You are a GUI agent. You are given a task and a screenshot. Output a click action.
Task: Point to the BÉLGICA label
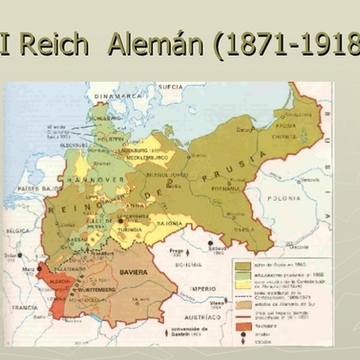pyautogui.click(x=18, y=230)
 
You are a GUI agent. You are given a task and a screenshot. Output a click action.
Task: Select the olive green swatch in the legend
pyautogui.click(x=243, y=265)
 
